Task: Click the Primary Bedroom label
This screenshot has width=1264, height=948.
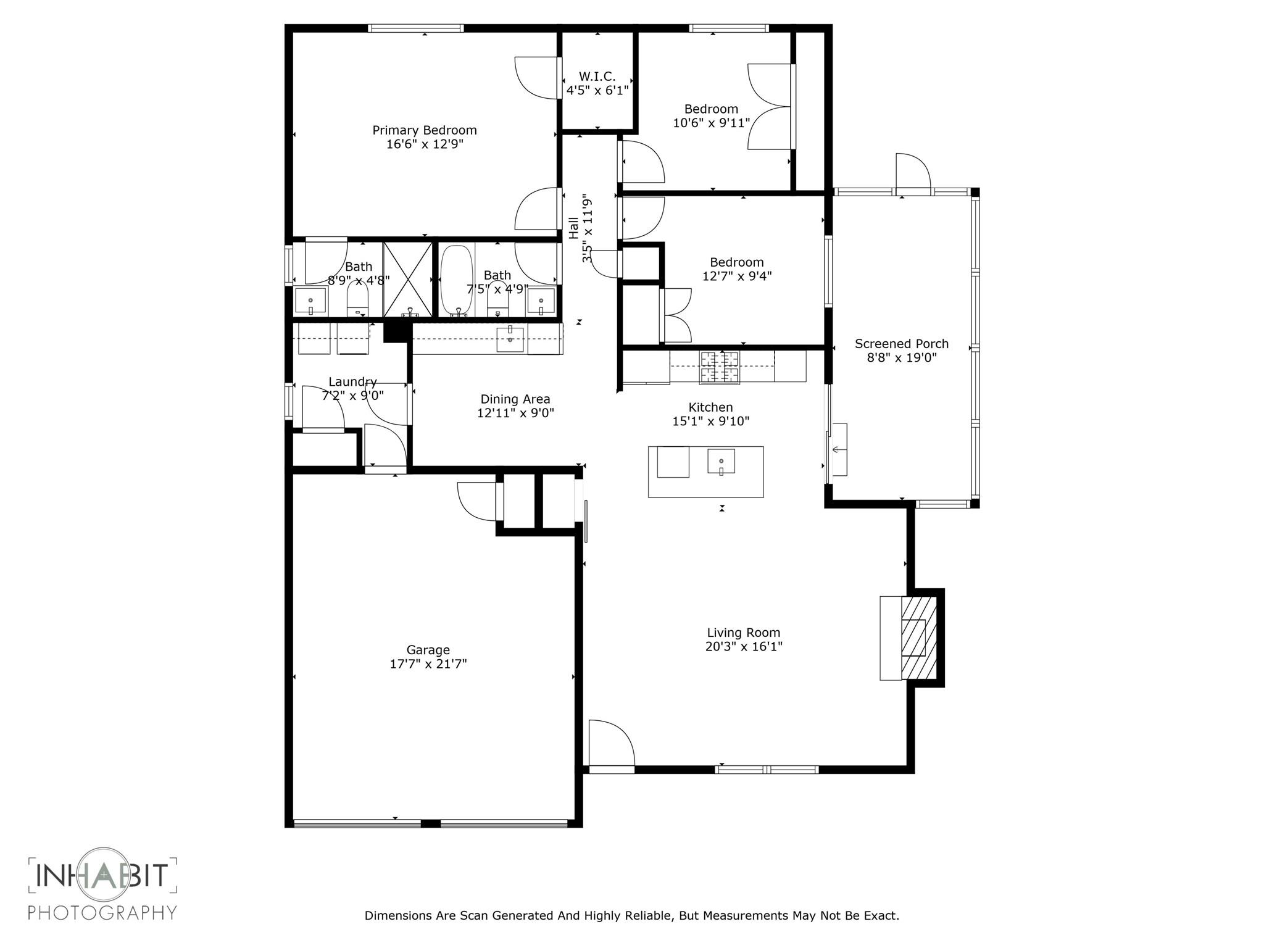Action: [424, 130]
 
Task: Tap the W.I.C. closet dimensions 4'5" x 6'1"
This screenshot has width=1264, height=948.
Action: [597, 91]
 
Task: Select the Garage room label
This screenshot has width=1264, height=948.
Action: [428, 650]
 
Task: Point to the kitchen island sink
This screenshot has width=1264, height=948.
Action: [721, 462]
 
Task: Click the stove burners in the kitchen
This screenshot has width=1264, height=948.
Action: [719, 367]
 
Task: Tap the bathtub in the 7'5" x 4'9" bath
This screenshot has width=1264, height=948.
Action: [456, 281]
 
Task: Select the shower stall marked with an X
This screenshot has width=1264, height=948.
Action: [407, 280]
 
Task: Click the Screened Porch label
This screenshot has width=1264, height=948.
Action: [901, 344]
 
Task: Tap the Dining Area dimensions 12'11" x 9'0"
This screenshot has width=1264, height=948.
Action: [515, 413]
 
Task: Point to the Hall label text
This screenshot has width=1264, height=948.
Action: [574, 227]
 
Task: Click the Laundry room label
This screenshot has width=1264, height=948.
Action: [352, 382]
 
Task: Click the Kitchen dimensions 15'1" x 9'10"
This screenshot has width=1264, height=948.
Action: [710, 422]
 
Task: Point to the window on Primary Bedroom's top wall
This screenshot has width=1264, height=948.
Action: [415, 28]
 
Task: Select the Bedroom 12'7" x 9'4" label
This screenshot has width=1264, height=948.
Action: [736, 262]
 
